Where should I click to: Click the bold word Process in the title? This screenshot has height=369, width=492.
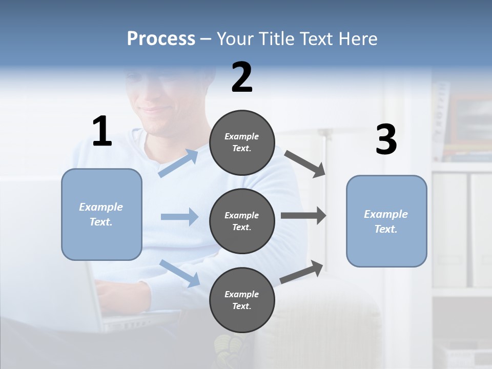[x=161, y=39]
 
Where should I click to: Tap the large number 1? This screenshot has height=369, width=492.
[x=102, y=131]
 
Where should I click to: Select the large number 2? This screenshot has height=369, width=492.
[x=242, y=77]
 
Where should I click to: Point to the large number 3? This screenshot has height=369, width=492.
[x=386, y=139]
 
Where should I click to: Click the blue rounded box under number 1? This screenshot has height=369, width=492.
[x=101, y=214]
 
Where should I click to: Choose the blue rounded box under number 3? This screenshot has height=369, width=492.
[x=386, y=221]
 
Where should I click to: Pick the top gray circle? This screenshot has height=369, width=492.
[x=242, y=142]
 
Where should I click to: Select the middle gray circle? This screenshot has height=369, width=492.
[x=242, y=221]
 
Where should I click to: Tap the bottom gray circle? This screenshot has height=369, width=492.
[x=242, y=300]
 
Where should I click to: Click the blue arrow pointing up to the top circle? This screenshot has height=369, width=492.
[x=178, y=163]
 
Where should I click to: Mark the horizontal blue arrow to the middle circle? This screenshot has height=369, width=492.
[x=179, y=217]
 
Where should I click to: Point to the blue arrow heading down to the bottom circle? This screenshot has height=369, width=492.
[x=179, y=273]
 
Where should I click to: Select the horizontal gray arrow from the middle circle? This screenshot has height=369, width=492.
[x=303, y=216]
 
